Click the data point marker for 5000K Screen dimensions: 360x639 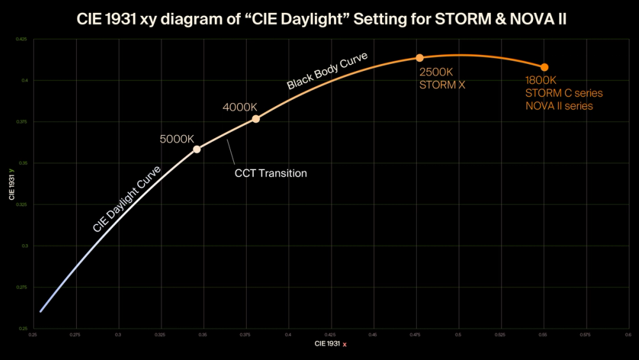tap(197, 149)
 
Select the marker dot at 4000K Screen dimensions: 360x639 tap(256, 119)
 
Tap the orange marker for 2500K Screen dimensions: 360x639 tap(420, 58)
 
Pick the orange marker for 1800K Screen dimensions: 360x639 tap(544, 67)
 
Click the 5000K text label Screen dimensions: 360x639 tap(176, 138)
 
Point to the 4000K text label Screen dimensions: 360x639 tap(240, 107)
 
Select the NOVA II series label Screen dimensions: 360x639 tap(559, 106)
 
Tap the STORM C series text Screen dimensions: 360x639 tap(564, 93)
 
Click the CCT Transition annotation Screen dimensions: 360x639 tap(270, 173)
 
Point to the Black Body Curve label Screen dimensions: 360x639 tap(327, 70)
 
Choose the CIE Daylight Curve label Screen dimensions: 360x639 tap(127, 198)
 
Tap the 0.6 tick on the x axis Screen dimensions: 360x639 tap(627, 334)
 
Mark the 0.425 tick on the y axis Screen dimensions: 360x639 tap(22, 40)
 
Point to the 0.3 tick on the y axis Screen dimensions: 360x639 tap(24, 246)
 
